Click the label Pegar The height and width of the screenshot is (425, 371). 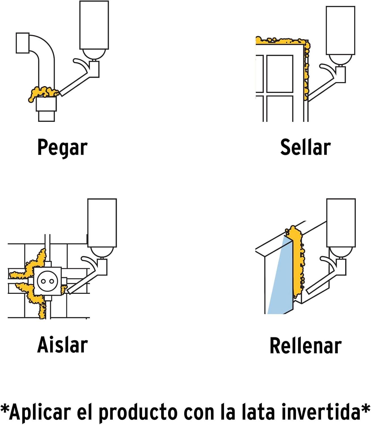(62, 148)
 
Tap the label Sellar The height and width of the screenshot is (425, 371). (305, 147)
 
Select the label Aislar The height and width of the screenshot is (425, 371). (62, 345)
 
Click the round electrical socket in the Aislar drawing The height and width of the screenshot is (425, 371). (47, 281)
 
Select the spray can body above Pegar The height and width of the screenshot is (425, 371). (94, 25)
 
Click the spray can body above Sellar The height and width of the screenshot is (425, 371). (340, 30)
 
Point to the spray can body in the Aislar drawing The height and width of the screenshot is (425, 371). (102, 223)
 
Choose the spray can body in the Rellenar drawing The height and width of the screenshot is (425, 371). (341, 223)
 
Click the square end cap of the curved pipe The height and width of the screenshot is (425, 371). (23, 43)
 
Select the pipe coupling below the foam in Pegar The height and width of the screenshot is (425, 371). (46, 104)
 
